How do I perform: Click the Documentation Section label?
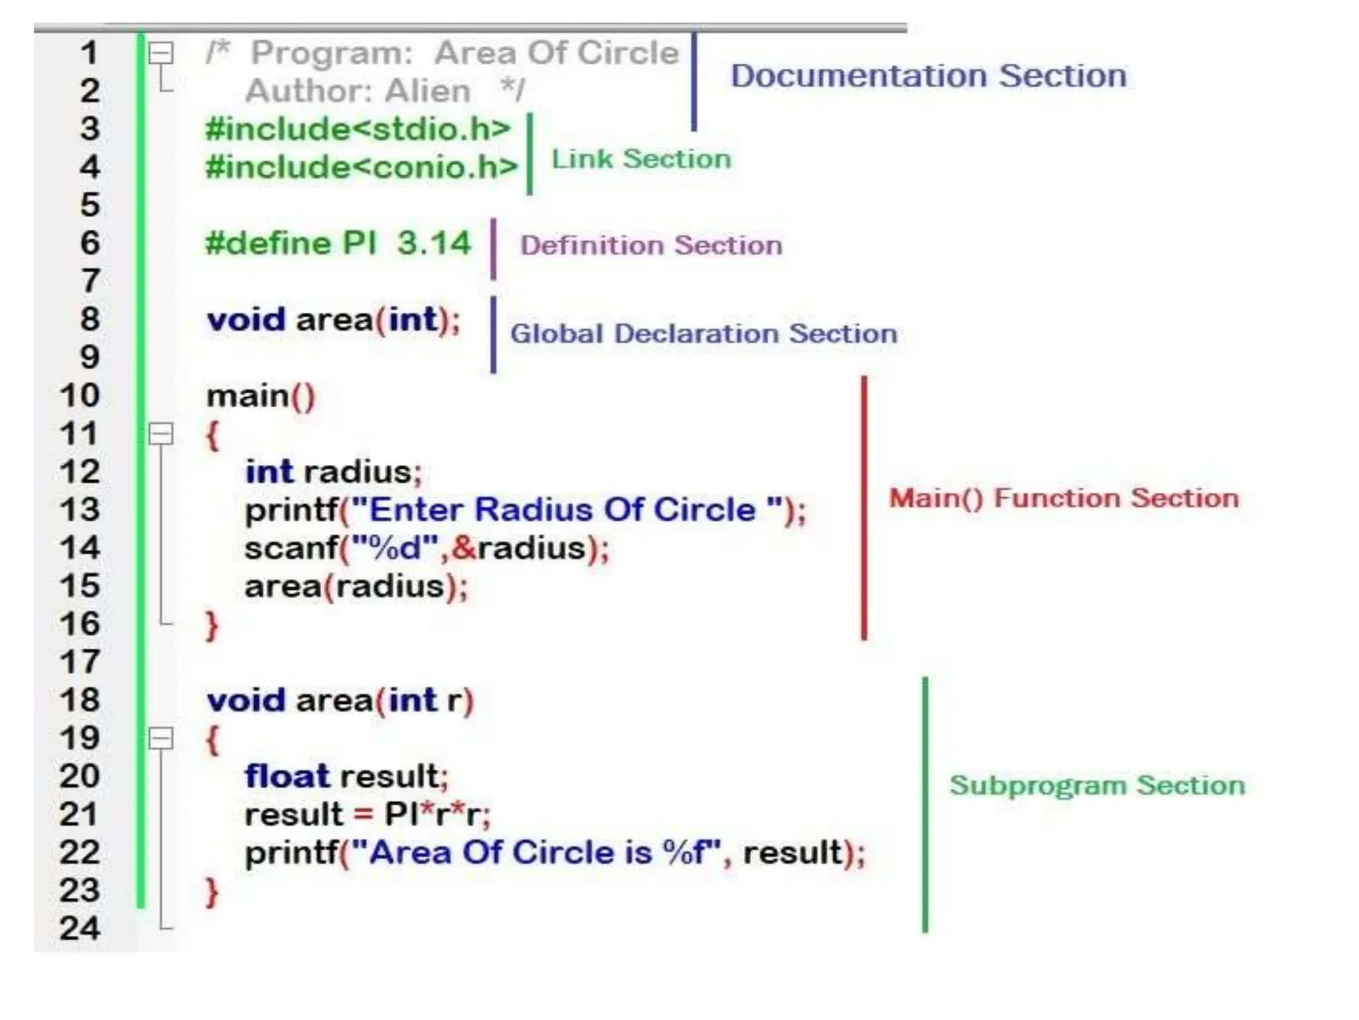[x=928, y=76]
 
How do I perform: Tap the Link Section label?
[x=641, y=159]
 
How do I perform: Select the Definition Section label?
[x=651, y=246]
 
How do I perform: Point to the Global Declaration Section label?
[x=703, y=333]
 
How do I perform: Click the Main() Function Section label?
[x=1064, y=498]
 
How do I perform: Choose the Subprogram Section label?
[x=1097, y=786]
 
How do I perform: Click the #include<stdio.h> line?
[x=358, y=129]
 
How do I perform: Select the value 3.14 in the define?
[x=434, y=243]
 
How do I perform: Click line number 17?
[x=80, y=662]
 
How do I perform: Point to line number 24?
[x=80, y=928]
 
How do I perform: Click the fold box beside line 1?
[x=161, y=53]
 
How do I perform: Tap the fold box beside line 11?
[x=161, y=434]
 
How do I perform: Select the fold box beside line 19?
[x=161, y=738]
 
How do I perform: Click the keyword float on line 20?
[x=287, y=776]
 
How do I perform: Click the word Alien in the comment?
[x=427, y=91]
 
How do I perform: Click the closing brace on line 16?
[x=212, y=626]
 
